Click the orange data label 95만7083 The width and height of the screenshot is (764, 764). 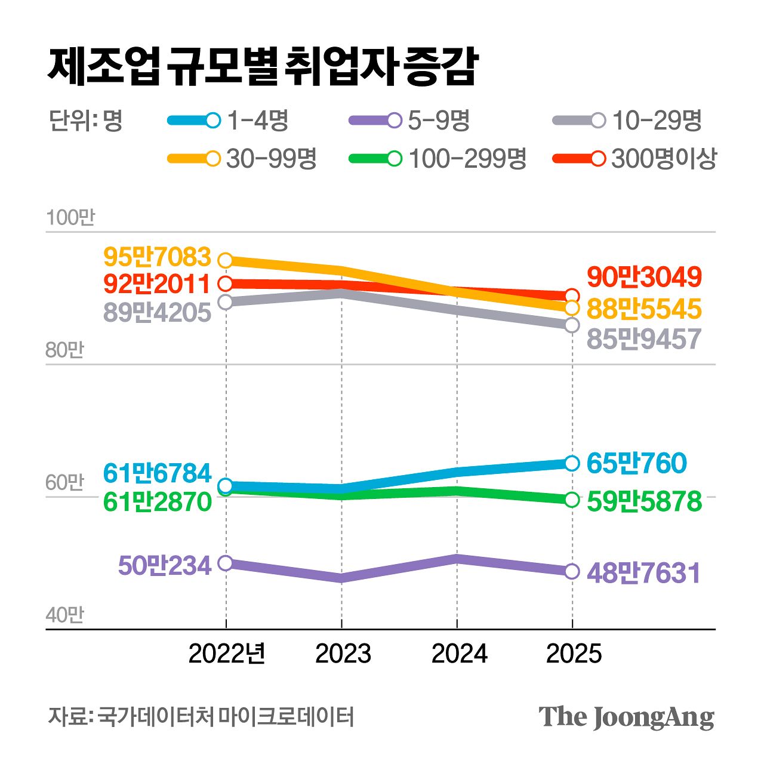coord(158,257)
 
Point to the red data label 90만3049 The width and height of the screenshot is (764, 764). coord(644,277)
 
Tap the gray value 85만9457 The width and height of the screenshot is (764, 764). coord(644,339)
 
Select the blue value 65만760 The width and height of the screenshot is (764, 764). coord(636,463)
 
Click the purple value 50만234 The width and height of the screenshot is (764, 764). coord(165,565)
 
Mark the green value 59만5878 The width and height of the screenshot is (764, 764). coord(644,501)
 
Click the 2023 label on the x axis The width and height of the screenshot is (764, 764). coord(343,654)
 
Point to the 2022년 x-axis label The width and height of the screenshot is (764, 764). coord(227,654)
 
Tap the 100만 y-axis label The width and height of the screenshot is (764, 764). coord(70,218)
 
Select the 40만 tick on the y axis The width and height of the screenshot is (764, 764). coord(64,615)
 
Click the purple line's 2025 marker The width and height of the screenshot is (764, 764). coord(572,571)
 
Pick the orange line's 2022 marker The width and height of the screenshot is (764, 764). coord(226,260)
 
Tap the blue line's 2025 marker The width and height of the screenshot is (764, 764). coord(572,463)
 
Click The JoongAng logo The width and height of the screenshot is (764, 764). coord(626,717)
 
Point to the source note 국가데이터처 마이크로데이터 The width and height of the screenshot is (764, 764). coord(226,716)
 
